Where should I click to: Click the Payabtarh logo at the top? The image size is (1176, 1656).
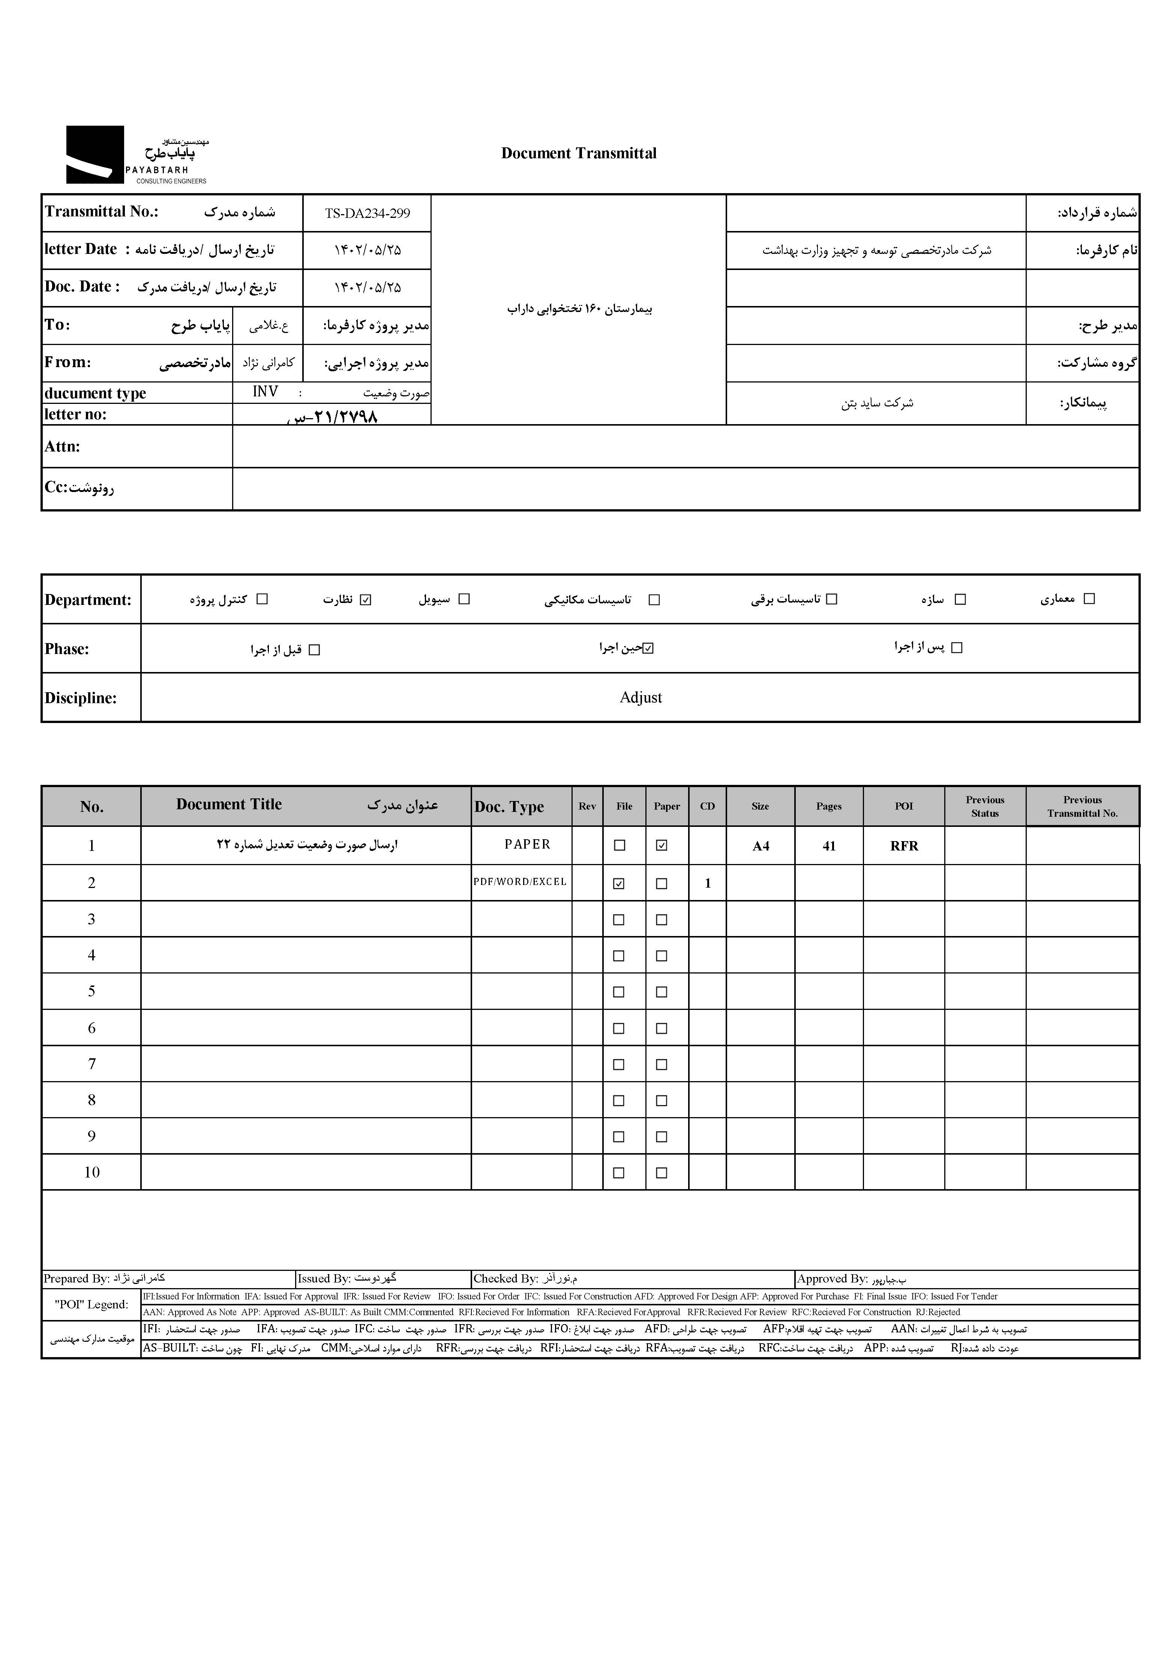(x=136, y=155)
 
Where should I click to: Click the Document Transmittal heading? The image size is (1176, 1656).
(x=579, y=153)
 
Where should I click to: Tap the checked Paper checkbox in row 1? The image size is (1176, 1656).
(x=661, y=845)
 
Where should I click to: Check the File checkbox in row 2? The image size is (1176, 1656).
(x=619, y=883)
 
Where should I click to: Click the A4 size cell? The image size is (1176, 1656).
(x=760, y=846)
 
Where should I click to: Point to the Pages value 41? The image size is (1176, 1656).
(x=829, y=846)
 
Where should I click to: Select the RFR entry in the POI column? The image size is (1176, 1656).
(x=904, y=846)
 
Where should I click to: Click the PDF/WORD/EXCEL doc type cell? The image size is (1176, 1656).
(x=520, y=882)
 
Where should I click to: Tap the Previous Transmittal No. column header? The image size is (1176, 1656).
(x=1082, y=806)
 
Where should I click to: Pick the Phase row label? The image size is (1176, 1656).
(x=67, y=649)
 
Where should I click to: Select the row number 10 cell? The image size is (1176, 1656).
(x=92, y=1172)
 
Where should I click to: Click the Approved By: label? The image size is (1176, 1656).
(x=832, y=1279)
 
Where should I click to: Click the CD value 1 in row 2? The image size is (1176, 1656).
(x=708, y=883)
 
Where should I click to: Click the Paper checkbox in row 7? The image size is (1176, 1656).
(x=661, y=1064)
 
